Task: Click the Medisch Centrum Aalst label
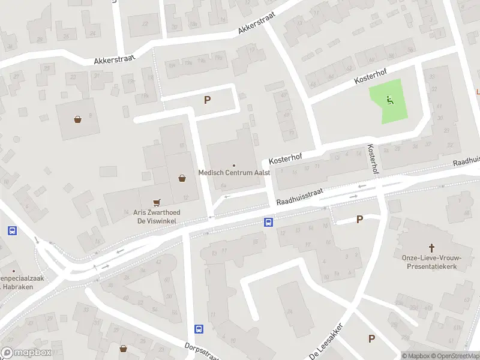tap(235, 173)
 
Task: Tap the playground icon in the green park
tap(390, 100)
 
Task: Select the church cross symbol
tap(431, 247)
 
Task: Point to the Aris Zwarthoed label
tap(157, 212)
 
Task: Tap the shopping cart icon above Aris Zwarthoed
tap(157, 202)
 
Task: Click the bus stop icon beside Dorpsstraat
tap(199, 329)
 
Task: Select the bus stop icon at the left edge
tap(11, 230)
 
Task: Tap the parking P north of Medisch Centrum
tap(208, 100)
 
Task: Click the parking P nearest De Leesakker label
tap(371, 339)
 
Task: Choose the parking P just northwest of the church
tap(359, 220)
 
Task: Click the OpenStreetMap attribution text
tap(454, 356)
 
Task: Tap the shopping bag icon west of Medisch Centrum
tap(182, 178)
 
